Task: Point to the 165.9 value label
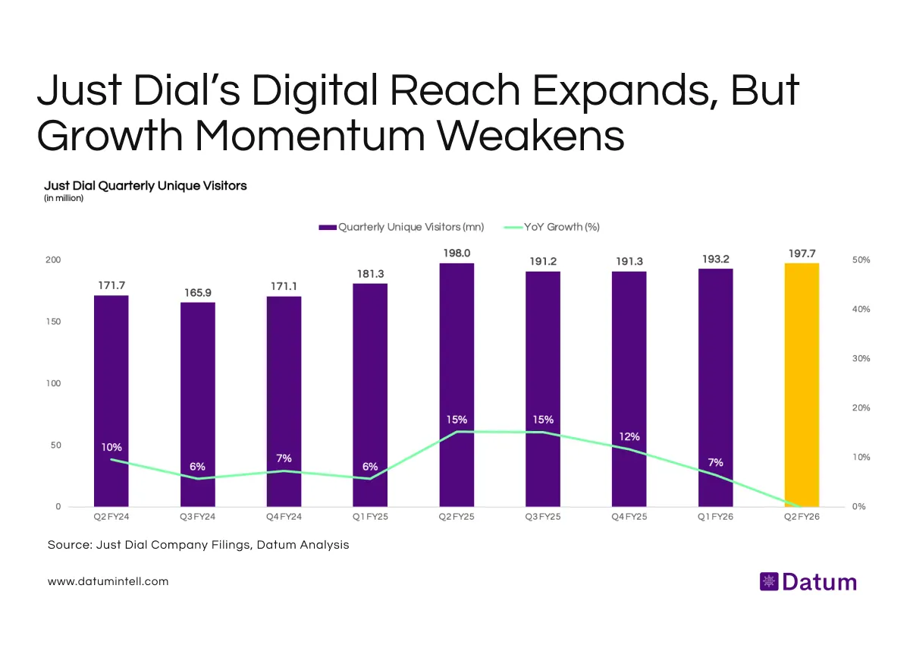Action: tap(197, 291)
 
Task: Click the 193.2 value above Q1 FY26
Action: tap(715, 258)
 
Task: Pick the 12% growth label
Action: tap(629, 436)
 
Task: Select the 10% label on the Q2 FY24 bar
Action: tap(111, 447)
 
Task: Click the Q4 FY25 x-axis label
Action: tap(629, 516)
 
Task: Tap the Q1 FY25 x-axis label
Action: tap(370, 516)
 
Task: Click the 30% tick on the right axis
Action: tap(860, 358)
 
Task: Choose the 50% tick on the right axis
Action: tap(860, 260)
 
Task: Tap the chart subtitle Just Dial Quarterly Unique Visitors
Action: tap(146, 185)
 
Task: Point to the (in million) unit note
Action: tap(64, 198)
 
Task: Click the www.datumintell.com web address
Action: tap(108, 581)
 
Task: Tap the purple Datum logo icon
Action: tap(768, 582)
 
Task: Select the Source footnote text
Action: tap(198, 545)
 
